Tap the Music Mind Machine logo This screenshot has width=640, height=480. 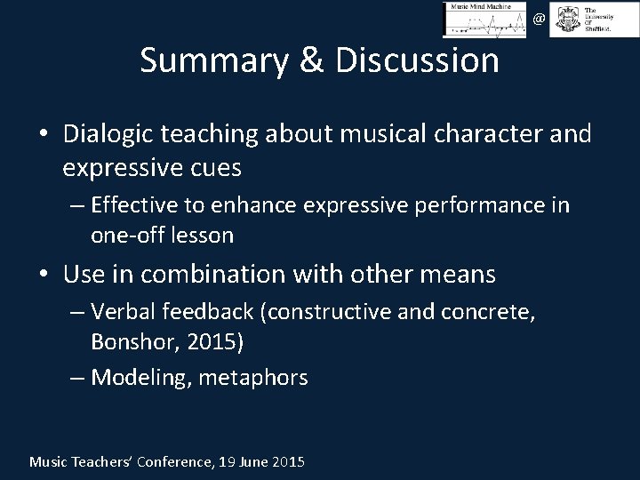pos(485,20)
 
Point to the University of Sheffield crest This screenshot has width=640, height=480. pos(564,20)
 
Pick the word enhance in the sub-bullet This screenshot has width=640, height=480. pos(263,206)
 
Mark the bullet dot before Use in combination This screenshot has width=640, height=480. pos(44,275)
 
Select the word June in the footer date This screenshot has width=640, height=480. pos(254,461)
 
